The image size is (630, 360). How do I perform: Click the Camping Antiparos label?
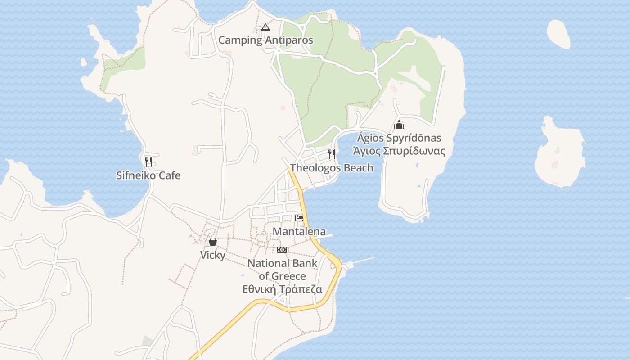tap(265, 40)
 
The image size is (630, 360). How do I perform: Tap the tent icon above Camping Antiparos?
tap(265, 27)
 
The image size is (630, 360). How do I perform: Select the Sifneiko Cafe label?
tap(148, 175)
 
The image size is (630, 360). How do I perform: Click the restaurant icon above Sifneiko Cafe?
tap(148, 162)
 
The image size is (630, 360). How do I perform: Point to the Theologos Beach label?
tap(332, 168)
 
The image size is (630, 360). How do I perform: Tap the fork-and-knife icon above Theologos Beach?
tap(332, 154)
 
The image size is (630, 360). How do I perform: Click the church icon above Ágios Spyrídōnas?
tap(399, 125)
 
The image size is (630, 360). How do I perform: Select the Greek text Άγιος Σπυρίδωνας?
tap(399, 151)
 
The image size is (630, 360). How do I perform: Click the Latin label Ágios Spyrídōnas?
tap(399, 138)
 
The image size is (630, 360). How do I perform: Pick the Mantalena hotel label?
tap(299, 232)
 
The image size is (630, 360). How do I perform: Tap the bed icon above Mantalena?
tap(299, 218)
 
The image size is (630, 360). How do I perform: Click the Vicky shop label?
tap(212, 255)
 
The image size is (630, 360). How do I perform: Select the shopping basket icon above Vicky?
tap(213, 242)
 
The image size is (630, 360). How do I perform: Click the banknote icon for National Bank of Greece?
tap(282, 250)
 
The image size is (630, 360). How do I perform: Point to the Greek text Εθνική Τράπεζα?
tap(282, 289)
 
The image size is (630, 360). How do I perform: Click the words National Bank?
tap(282, 263)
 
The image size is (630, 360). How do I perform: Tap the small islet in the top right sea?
tap(559, 34)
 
